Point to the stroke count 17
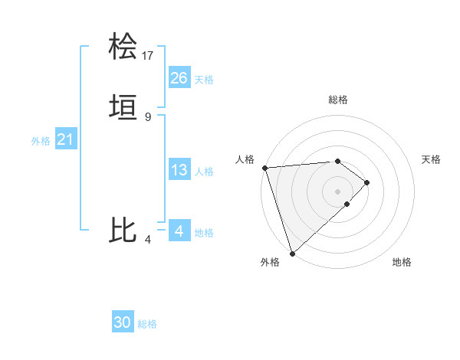click(x=148, y=55)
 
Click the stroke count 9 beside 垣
click(x=148, y=116)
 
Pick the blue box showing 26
click(x=179, y=77)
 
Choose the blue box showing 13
click(x=179, y=170)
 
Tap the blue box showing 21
click(x=66, y=139)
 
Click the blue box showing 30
click(x=123, y=322)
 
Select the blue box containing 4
click(x=179, y=231)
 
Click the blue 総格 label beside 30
click(x=147, y=324)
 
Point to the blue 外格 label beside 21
click(x=41, y=141)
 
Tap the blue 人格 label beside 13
click(x=205, y=172)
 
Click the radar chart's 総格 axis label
click(x=338, y=100)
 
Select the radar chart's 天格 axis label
click(x=432, y=159)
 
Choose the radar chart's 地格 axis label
click(x=402, y=262)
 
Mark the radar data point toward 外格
click(x=292, y=253)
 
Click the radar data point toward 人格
click(x=264, y=168)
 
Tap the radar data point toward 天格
click(x=368, y=182)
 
